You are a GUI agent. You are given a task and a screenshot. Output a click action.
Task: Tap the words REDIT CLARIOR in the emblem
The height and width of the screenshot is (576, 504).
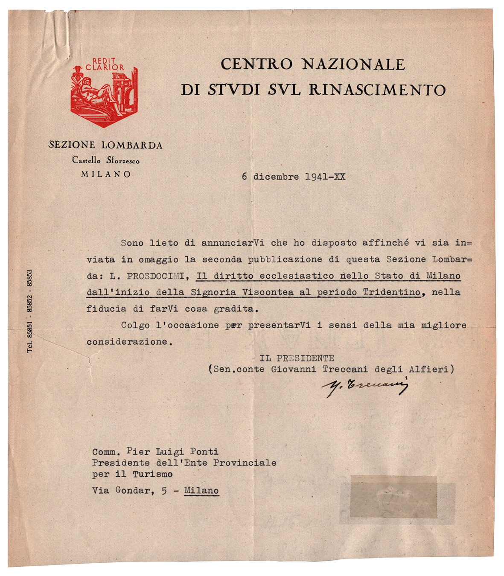105,64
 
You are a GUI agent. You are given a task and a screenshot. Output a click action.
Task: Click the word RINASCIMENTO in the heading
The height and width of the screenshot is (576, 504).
377,90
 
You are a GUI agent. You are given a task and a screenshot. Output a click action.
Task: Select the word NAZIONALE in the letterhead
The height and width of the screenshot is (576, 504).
353,64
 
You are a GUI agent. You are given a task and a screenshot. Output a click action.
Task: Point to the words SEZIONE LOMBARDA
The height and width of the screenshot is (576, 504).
105,145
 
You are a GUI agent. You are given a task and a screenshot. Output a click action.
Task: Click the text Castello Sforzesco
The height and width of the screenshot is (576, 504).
105,160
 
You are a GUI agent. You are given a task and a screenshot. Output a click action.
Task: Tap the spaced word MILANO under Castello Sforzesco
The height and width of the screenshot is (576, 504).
106,174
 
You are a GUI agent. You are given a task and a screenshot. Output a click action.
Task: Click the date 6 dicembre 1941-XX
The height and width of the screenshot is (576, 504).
293,177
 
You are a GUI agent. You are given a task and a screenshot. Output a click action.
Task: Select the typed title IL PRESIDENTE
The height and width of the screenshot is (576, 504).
297,358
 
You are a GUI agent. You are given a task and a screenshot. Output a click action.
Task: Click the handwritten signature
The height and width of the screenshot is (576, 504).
365,386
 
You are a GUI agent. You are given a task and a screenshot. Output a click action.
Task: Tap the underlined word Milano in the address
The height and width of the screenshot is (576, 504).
201,491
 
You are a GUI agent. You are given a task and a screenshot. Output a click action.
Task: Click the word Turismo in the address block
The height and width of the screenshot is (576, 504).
152,474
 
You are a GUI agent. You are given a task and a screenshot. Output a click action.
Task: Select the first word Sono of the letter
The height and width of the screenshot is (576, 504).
132,243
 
